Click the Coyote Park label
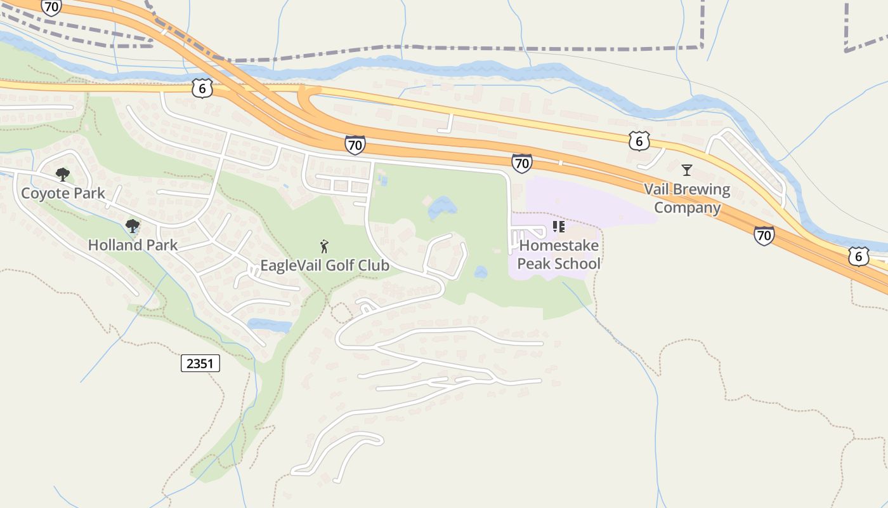pos(63,193)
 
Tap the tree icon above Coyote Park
pos(62,174)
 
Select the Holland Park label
pos(133,244)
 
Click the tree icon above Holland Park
pos(132,225)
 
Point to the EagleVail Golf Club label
pos(325,265)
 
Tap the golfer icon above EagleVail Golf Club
pos(325,246)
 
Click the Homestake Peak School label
pos(559,254)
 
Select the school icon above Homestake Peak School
pos(559,227)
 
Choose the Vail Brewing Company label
pos(688,198)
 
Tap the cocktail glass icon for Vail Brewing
pos(686,170)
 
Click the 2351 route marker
pos(200,363)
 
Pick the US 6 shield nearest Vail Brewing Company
pos(639,141)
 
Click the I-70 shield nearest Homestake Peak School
pos(521,163)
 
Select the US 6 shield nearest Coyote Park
pos(202,88)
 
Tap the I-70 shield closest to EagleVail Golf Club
pos(355,145)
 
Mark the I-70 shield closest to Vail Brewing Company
pos(764,236)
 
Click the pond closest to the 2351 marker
pos(269,325)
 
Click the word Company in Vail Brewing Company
pos(688,208)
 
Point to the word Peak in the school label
pos(533,264)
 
